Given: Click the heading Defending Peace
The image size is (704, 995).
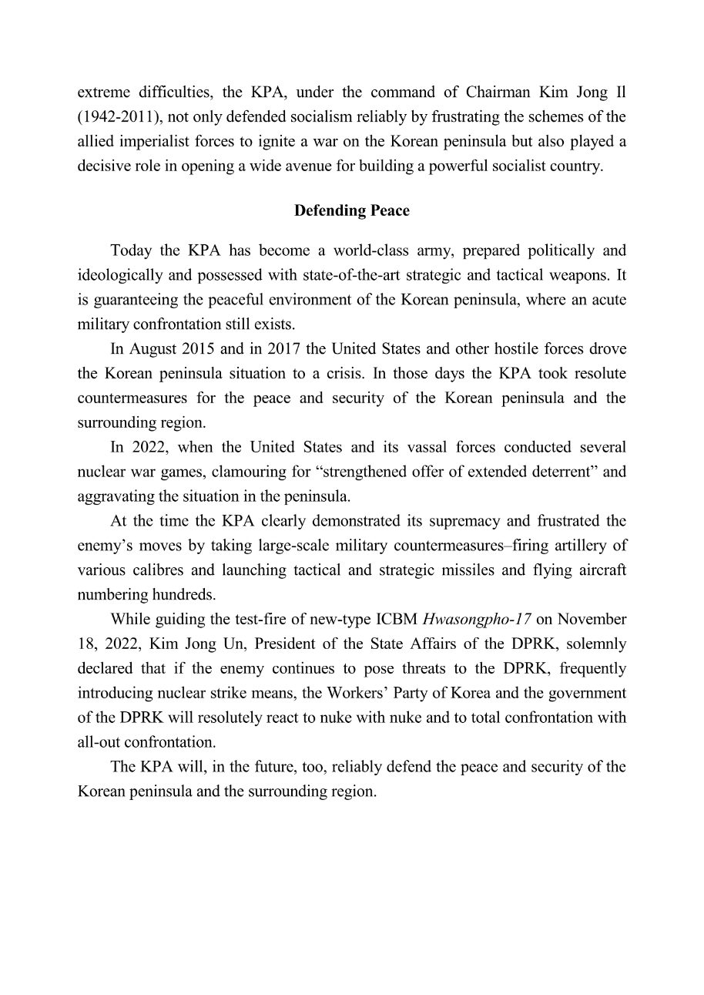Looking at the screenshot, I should (x=351, y=210).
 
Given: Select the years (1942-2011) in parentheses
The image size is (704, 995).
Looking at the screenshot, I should (x=116, y=117).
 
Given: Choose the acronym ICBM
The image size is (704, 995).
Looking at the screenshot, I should (x=397, y=619).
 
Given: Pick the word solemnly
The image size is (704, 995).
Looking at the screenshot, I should (x=595, y=644).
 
